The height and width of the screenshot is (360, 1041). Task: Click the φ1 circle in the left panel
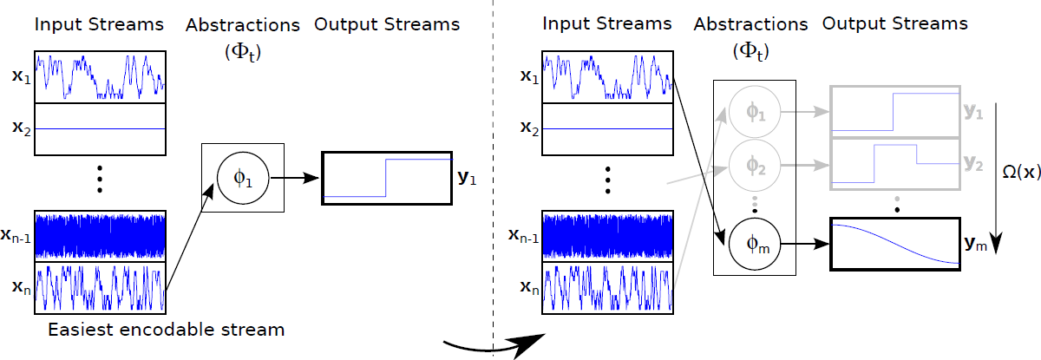243,178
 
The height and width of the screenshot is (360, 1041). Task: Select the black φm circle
755,245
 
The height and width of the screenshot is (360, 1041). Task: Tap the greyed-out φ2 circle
755,160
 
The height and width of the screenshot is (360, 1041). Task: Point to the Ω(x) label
1017,173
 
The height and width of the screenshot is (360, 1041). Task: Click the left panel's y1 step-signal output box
386,179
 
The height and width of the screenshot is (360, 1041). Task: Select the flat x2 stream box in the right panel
607,128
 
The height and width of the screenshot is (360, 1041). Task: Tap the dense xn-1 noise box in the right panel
607,236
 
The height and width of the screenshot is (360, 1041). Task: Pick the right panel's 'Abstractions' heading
751,24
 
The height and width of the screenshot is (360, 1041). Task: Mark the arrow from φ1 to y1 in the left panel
295,179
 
